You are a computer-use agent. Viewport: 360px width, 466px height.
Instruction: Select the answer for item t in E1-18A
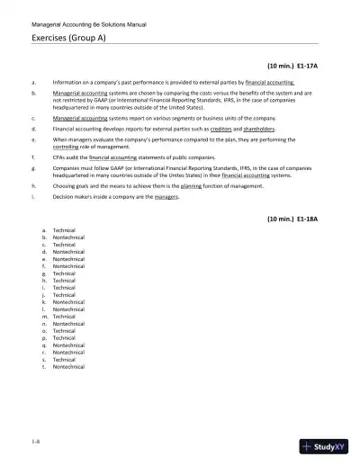[68, 367]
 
